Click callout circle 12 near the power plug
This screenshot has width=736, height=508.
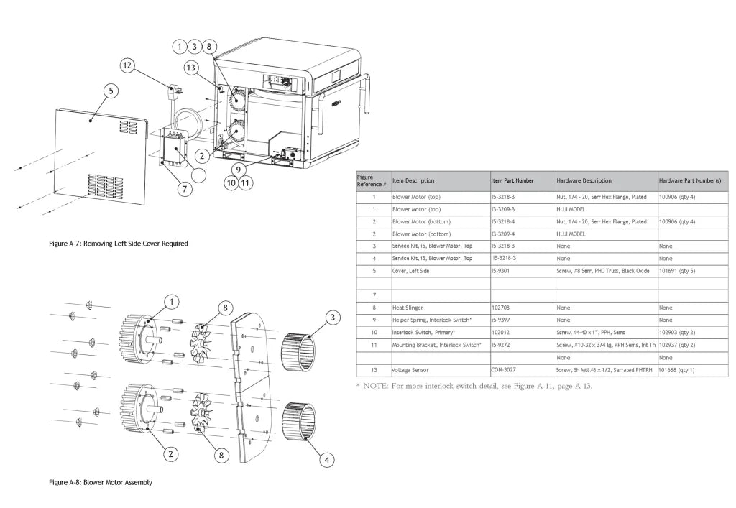click(x=127, y=65)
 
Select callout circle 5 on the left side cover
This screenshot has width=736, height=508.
click(x=111, y=91)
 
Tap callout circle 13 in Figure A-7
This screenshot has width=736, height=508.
click(x=190, y=68)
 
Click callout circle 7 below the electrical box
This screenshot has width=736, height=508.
click(x=185, y=188)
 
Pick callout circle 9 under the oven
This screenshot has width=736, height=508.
click(x=239, y=170)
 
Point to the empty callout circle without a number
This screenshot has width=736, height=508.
click(x=199, y=175)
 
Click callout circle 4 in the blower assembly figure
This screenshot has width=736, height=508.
click(x=327, y=460)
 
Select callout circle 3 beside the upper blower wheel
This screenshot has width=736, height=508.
click(x=333, y=317)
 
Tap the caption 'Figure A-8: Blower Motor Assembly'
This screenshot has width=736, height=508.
click(x=101, y=482)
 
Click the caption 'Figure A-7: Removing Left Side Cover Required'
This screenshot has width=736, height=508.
click(x=119, y=244)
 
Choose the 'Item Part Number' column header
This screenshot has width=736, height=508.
click(x=512, y=180)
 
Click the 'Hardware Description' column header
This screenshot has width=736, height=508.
click(x=584, y=180)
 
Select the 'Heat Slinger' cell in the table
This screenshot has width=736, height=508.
click(x=408, y=308)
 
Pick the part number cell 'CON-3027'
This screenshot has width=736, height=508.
click(x=503, y=369)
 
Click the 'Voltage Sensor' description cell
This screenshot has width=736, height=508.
click(x=410, y=370)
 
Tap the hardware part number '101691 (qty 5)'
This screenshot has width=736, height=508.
click(x=677, y=271)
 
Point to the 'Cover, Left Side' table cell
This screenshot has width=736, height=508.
click(x=410, y=271)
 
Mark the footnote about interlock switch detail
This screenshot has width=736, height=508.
click(x=474, y=386)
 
